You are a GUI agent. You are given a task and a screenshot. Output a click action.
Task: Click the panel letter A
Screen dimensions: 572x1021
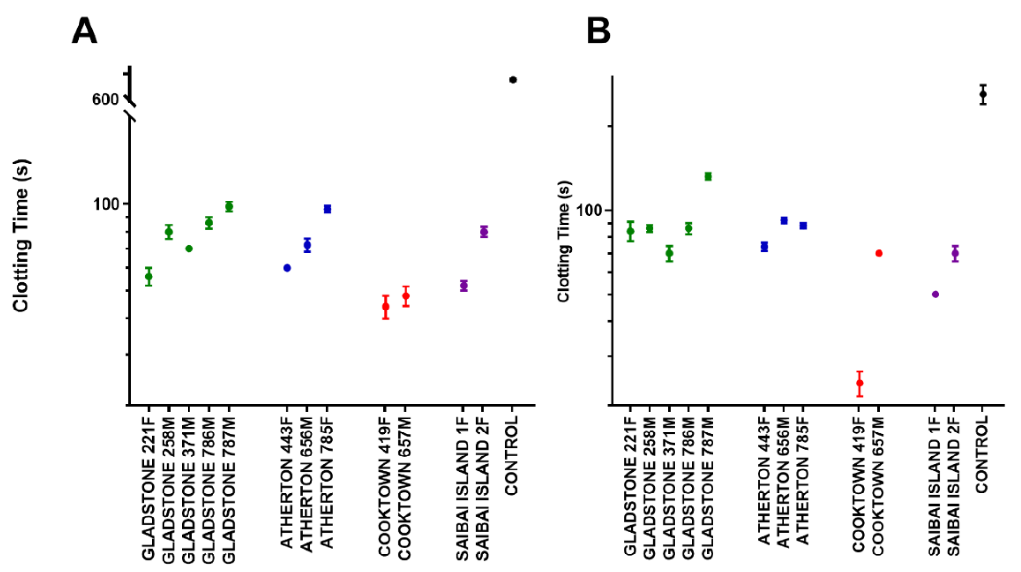coord(84,32)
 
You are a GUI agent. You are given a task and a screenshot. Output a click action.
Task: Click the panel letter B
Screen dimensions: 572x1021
coord(599,32)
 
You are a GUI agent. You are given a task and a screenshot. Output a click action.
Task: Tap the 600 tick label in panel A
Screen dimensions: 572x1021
coord(105,99)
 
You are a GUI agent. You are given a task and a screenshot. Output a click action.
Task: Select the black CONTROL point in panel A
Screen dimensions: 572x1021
coord(513,80)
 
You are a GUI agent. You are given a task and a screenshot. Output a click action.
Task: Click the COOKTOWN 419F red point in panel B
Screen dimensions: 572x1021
coord(860,383)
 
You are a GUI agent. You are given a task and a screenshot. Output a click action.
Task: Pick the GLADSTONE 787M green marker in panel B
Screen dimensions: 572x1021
coord(708,176)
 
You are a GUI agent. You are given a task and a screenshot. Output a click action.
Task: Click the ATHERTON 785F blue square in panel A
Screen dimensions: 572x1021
coord(327,209)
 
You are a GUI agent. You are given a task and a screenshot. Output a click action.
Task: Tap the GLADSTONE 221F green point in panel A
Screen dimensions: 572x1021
coord(149,277)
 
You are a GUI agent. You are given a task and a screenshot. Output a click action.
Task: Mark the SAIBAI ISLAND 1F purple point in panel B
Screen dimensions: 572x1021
coord(935,294)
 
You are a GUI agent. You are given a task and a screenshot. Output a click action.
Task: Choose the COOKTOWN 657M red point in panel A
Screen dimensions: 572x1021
coord(405,296)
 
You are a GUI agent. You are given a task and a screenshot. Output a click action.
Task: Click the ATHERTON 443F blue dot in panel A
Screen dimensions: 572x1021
coord(287,268)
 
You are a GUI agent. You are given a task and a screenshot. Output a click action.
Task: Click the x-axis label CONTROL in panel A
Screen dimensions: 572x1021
coord(512,456)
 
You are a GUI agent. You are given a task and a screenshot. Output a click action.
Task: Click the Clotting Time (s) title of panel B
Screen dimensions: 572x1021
coord(564,242)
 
